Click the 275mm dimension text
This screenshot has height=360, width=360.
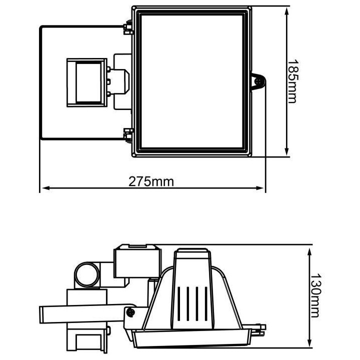(151, 181)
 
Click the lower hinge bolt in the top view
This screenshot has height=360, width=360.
(128, 134)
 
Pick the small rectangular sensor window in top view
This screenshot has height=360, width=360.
(86, 83)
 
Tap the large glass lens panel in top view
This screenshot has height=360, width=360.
(193, 81)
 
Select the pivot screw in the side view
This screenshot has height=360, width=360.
(131, 312)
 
